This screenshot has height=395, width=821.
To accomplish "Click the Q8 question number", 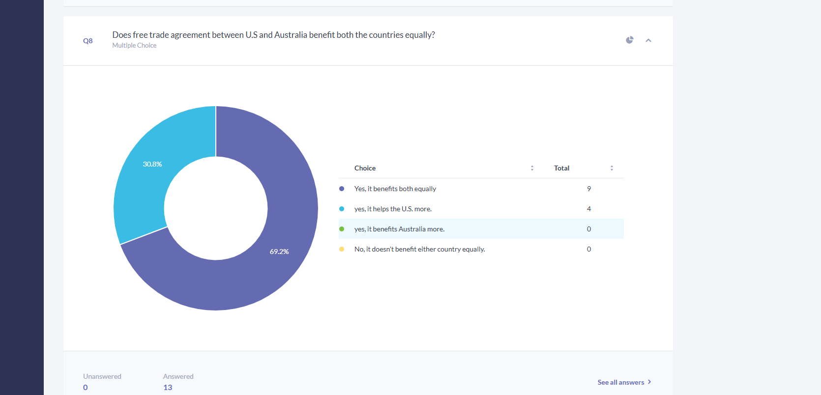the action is point(88,41).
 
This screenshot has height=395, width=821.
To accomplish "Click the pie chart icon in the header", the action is point(629,40).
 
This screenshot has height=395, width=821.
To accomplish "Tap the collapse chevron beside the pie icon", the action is point(648,40).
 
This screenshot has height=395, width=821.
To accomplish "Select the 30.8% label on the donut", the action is point(152,164).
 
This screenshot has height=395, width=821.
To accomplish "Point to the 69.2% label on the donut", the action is point(279,252).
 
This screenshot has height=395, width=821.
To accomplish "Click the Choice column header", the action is point(365,168).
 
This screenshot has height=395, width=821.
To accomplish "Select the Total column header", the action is point(561,168).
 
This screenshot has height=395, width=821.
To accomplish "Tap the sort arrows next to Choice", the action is point(532,168).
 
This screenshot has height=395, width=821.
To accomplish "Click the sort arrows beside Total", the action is point(612,168).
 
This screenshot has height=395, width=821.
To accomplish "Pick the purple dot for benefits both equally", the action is point(342,189).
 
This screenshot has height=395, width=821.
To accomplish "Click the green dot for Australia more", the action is point(342,229).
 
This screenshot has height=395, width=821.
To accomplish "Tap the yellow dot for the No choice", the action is point(342,249).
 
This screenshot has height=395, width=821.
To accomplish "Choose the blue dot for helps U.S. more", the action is point(342,209).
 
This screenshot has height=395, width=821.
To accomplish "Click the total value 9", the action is point(589,189).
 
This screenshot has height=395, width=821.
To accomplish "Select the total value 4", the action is point(589,209).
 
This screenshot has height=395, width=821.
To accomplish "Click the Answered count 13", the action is point(168,387).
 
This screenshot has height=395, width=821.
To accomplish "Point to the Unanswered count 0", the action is point(86,387).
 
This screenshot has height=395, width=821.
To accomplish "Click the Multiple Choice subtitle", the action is point(134,45).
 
